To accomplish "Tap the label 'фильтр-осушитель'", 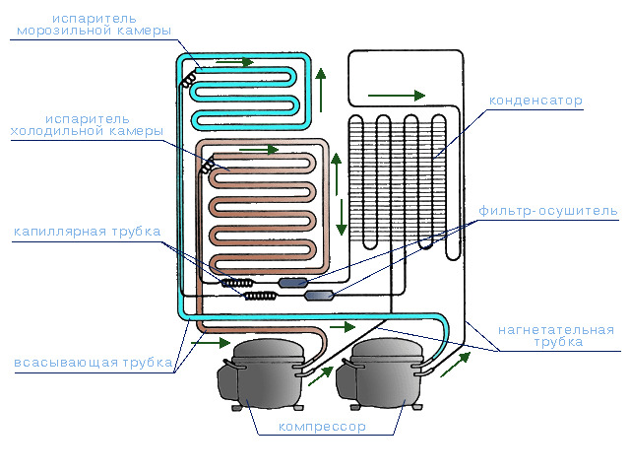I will click(548, 211).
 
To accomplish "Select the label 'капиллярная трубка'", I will click(87, 233).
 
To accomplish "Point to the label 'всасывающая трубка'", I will click(94, 363).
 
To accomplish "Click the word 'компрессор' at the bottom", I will click(322, 427).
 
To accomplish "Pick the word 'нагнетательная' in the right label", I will click(556, 329).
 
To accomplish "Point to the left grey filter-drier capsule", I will click(294, 283).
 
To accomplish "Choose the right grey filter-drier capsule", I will click(320, 295).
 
